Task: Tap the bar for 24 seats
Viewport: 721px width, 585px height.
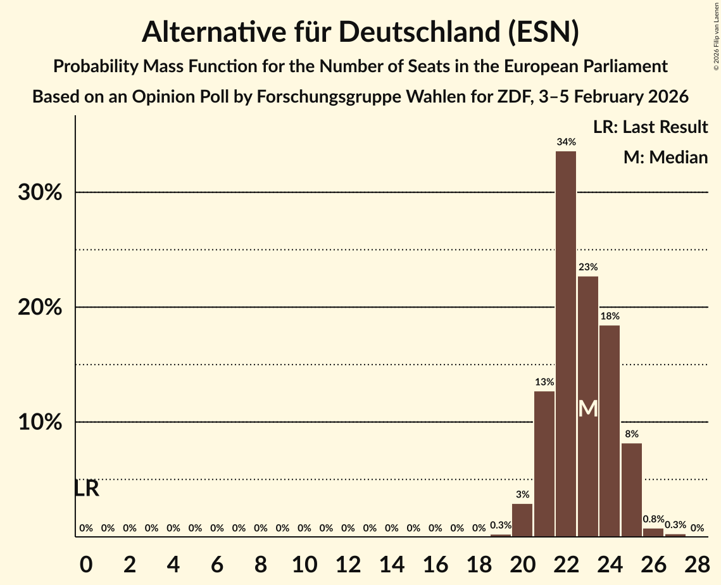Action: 610,431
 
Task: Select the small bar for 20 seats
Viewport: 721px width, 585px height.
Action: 522,520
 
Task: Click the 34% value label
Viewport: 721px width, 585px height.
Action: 566,142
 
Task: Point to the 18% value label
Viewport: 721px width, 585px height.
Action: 610,316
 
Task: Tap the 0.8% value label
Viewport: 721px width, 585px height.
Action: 653,519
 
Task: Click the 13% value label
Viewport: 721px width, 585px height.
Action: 544,382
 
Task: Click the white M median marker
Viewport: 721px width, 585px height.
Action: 588,408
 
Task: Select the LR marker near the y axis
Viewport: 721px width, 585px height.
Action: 86,489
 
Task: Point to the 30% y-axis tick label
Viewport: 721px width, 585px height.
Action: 40,192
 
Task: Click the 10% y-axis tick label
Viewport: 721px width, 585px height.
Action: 40,422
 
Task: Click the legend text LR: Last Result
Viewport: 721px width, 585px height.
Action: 650,127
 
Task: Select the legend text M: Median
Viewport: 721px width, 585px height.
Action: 665,158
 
